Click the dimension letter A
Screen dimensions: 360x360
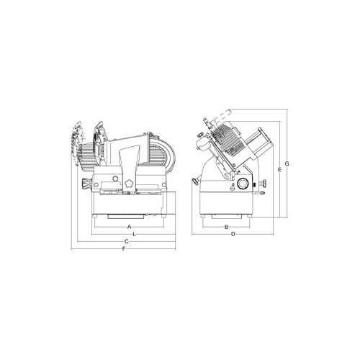pos(129,227)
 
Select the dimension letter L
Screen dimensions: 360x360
pos(135,234)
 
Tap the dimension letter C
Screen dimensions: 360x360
pos(126,241)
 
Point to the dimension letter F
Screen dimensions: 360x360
pos(124,249)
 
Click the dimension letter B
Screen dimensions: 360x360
pos(226,227)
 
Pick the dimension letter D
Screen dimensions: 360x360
pos(233,234)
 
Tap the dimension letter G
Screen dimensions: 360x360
pos(287,164)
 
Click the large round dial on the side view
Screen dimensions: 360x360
pos(244,184)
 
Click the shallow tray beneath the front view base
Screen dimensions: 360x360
pos(129,215)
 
